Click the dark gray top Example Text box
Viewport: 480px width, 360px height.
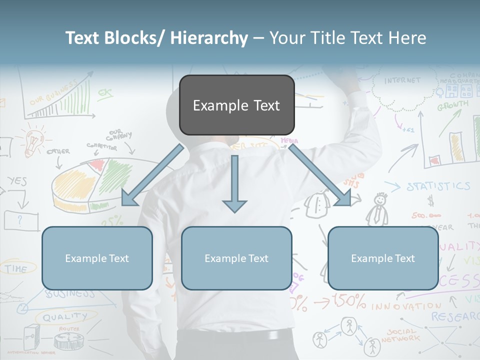click(236, 105)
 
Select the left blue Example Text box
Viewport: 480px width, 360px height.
click(97, 258)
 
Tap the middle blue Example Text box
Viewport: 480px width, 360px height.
click(236, 258)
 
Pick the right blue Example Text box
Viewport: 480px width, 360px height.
click(383, 258)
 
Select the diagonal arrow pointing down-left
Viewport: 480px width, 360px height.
click(152, 175)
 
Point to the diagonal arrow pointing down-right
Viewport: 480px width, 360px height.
click(320, 175)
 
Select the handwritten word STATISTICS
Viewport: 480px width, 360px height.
click(438, 187)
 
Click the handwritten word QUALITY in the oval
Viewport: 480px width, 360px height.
click(64, 317)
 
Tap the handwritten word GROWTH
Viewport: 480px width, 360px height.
click(453, 105)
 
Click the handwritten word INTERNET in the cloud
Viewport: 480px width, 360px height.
click(402, 80)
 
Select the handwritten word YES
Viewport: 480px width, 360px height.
click(17, 181)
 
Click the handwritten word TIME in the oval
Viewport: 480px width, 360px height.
click(16, 268)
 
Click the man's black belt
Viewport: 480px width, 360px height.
click(235, 336)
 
